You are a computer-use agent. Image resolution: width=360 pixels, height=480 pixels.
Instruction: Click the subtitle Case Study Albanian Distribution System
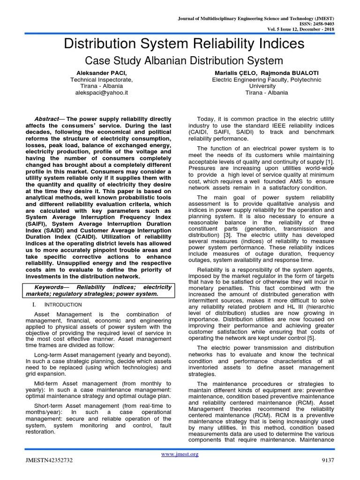pyautogui.click(x=183, y=60)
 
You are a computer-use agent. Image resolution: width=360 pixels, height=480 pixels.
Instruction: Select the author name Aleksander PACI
pyautogui.click(x=101, y=73)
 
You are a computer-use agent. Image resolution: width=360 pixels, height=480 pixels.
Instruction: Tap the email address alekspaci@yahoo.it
pyautogui.click(x=101, y=93)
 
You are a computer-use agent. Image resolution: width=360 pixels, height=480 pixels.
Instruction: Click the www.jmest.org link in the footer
pyautogui.click(x=180, y=454)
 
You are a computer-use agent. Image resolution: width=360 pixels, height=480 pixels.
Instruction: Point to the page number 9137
pyautogui.click(x=327, y=461)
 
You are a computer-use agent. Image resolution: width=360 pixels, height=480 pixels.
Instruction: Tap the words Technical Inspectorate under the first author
pyautogui.click(x=101, y=80)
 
